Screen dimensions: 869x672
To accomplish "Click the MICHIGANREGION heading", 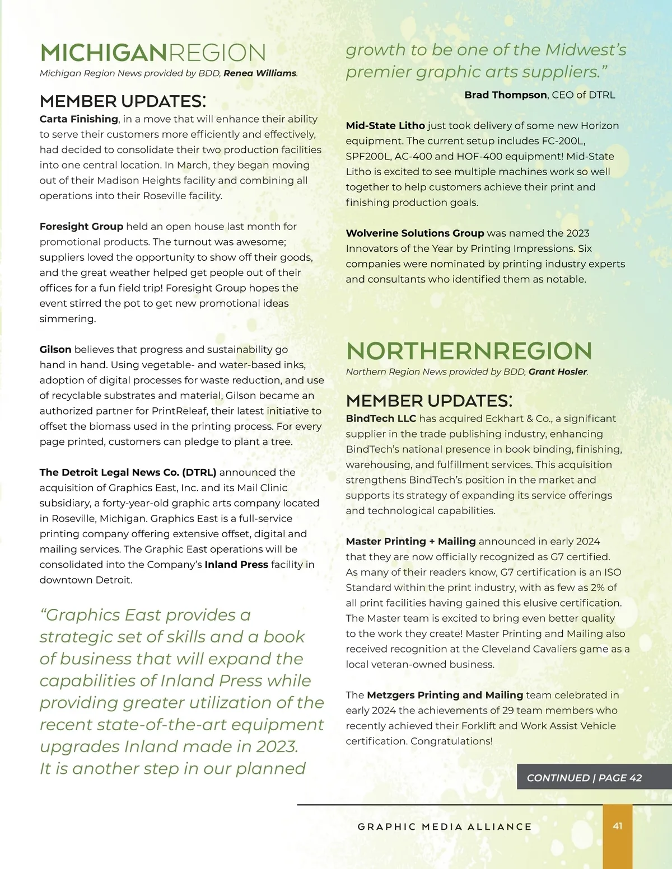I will pos(153,53).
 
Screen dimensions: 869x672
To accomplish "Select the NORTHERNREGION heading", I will pos(469,351).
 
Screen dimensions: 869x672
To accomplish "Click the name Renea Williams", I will pos(260,73).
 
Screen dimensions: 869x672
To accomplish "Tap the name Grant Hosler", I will pos(558,372).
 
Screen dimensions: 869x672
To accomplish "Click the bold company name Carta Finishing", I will pos(78,119).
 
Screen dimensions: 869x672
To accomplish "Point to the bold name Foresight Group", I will pos(81,227).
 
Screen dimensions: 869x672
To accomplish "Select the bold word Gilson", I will pos(55,350).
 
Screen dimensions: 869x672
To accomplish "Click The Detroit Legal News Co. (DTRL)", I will pos(128,472).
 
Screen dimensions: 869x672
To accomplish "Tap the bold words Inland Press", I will pos(236,565).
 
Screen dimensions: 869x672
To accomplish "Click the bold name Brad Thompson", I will pos(505,95).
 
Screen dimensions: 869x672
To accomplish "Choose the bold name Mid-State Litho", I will pos(385,126).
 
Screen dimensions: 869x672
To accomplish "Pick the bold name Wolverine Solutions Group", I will pos(415,233).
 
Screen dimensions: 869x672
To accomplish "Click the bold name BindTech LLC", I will pos(381,419).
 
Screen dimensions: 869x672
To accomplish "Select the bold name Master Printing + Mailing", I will pos(410,542).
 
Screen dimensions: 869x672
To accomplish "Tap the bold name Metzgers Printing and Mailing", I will pos(445,695).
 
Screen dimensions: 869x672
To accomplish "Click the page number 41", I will pos(618,826).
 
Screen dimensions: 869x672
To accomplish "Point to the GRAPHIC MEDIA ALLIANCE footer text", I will pos(445,827).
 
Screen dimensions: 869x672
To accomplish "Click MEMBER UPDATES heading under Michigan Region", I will pos(123,101).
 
